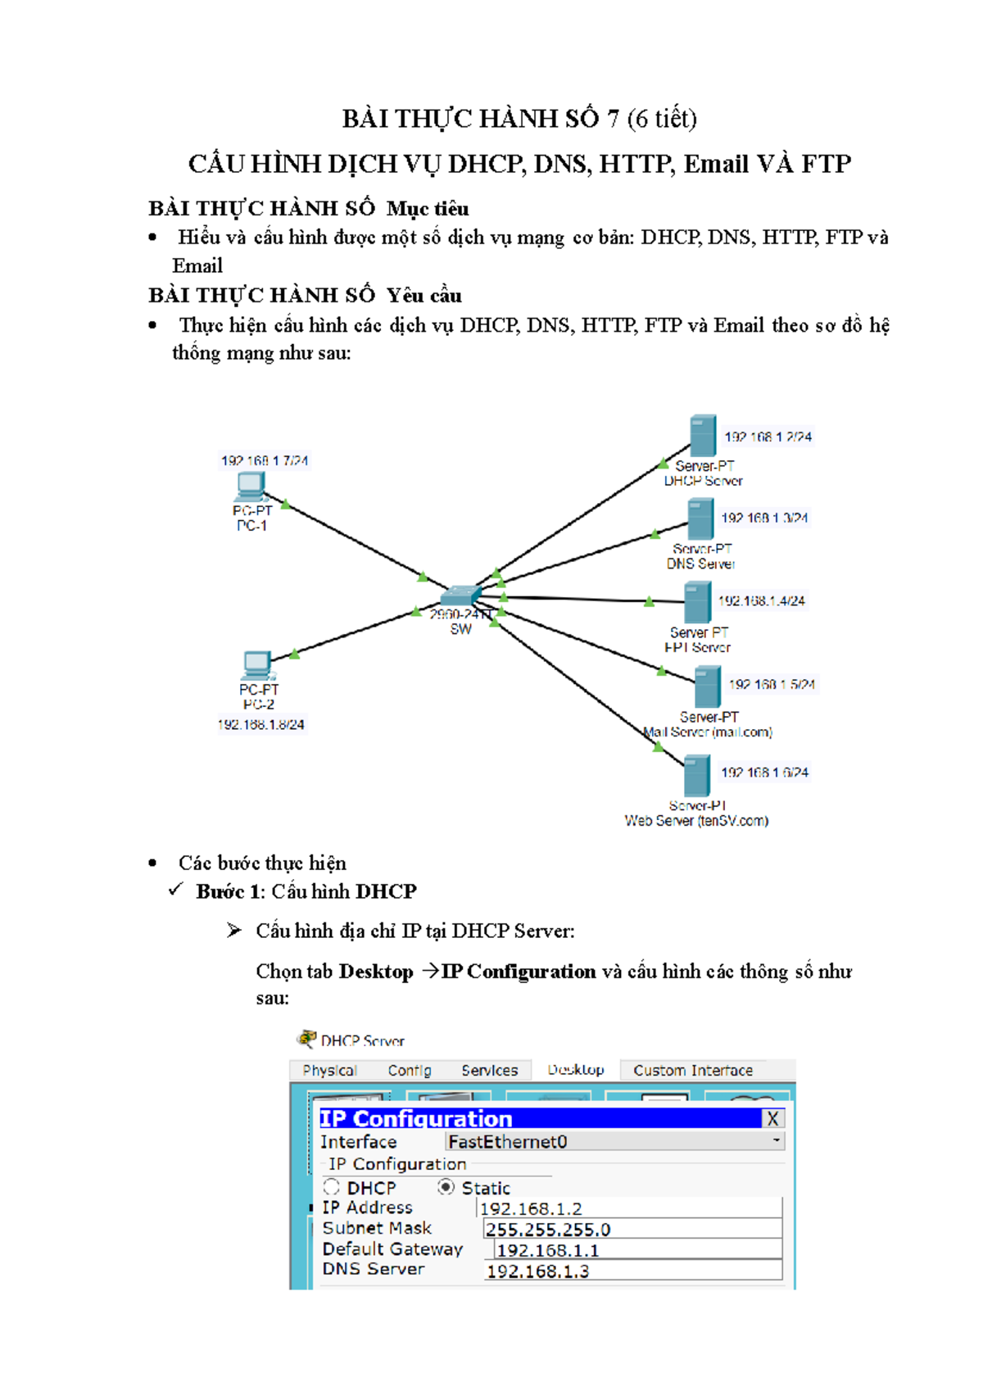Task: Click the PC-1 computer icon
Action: tap(250, 486)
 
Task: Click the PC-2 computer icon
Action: tap(257, 664)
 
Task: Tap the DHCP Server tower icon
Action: tap(702, 436)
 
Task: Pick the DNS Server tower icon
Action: tap(700, 519)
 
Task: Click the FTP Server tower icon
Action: tap(697, 602)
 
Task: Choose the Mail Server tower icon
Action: tap(707, 686)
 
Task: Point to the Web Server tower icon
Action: tap(696, 775)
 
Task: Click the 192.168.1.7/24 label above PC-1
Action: tap(264, 460)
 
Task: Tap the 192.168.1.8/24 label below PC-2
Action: tap(260, 724)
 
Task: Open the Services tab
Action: tap(489, 1070)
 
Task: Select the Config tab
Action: tap(410, 1070)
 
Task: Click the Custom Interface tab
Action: tap(692, 1070)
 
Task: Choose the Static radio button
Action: tap(446, 1186)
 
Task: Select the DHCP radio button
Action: tap(331, 1186)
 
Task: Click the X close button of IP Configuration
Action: tap(772, 1118)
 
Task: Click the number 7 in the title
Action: tap(613, 120)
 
